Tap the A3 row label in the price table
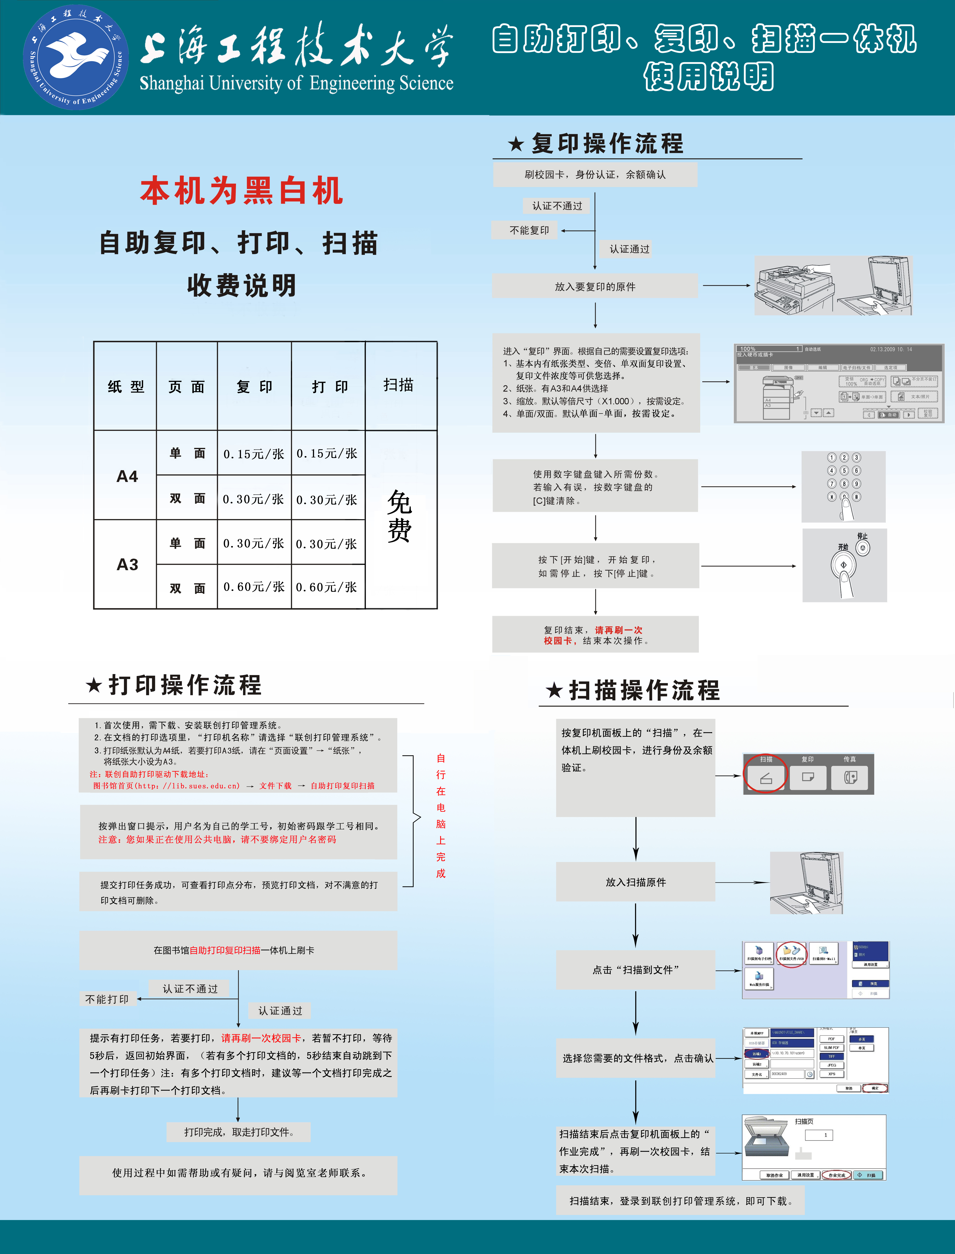[127, 564]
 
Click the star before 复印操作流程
[516, 144]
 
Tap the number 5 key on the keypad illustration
[844, 470]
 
